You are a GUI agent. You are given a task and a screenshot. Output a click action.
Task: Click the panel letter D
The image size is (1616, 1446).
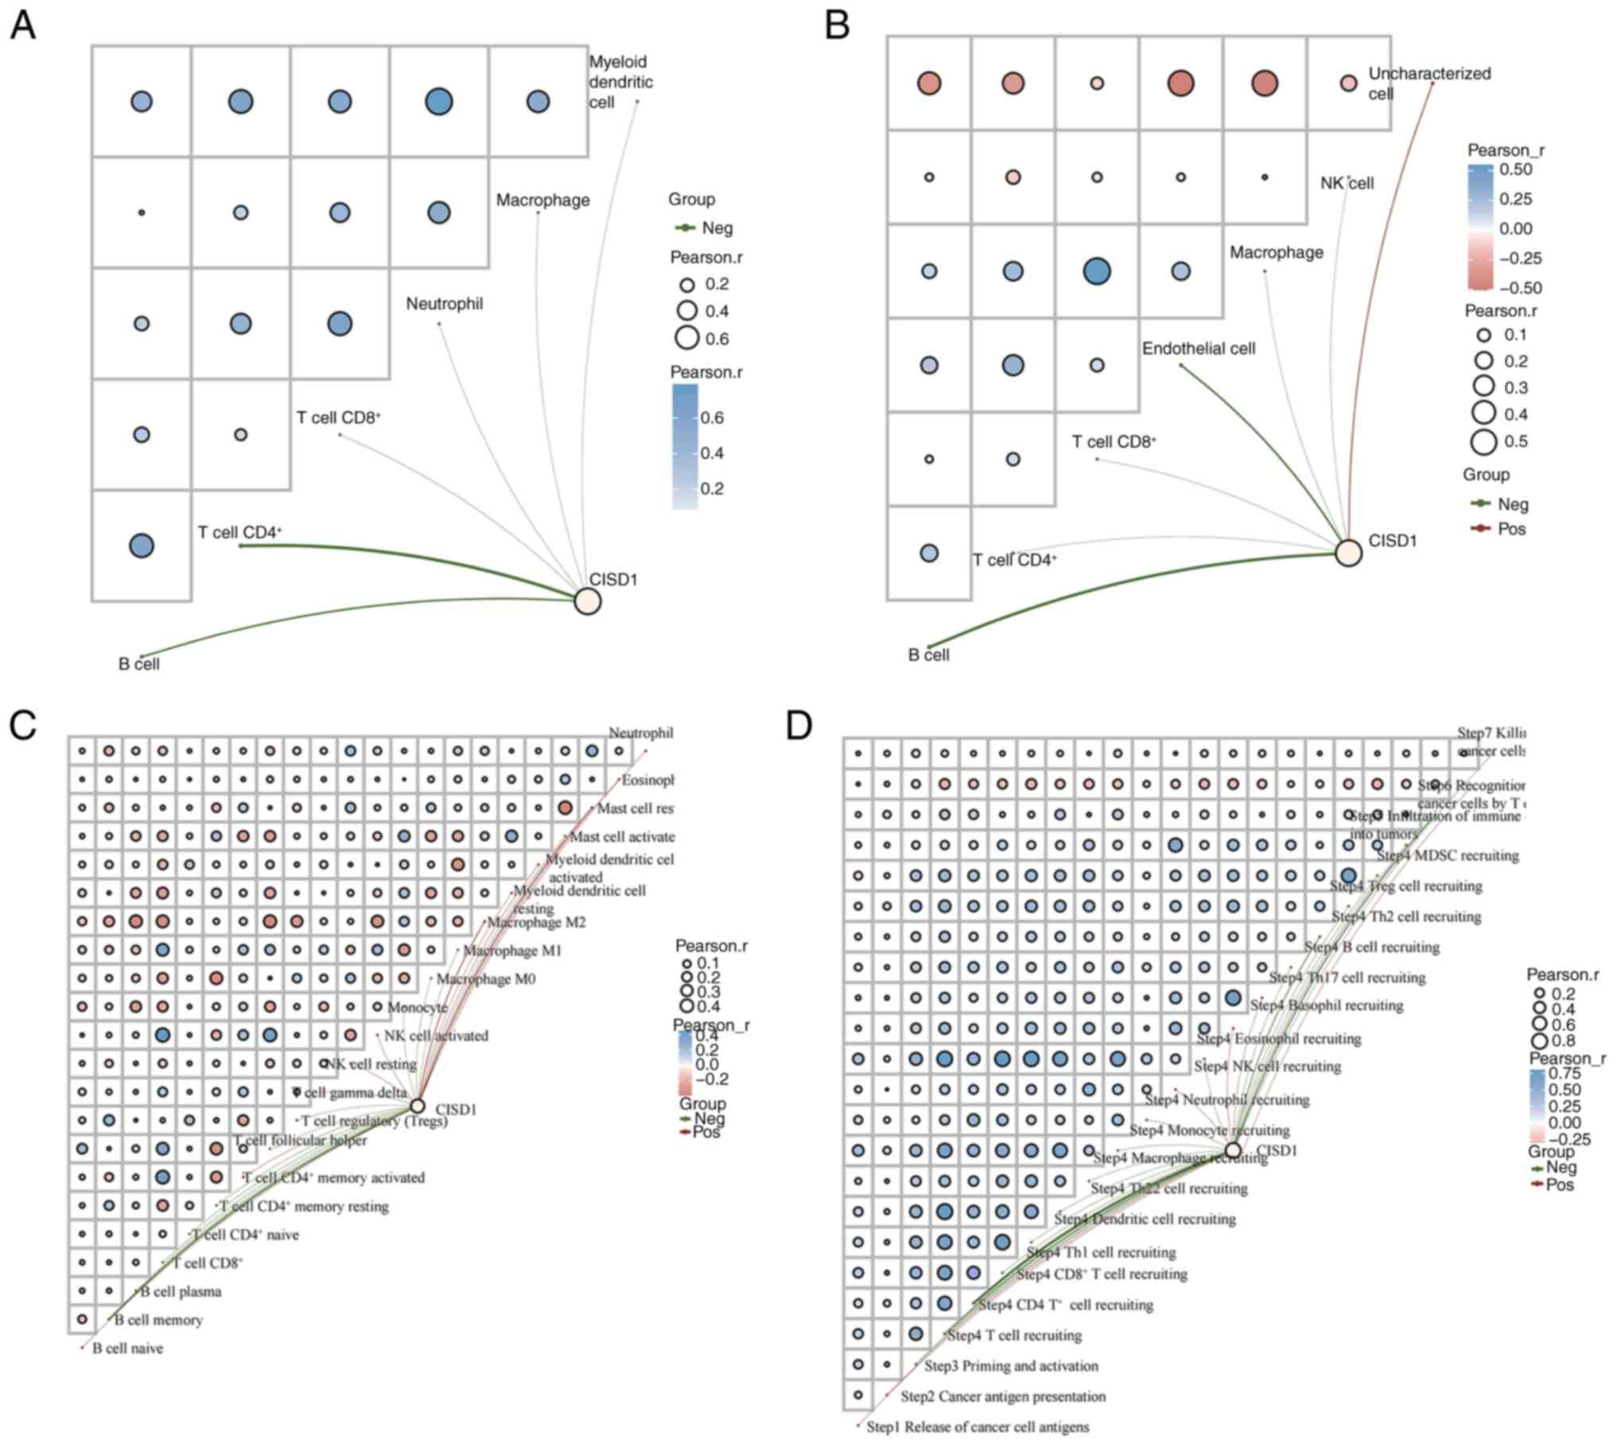pos(800,726)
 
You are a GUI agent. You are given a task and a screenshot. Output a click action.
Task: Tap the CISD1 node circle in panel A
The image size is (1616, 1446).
pos(587,601)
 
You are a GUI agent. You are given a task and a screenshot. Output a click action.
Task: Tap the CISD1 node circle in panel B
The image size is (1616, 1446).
pos(1348,552)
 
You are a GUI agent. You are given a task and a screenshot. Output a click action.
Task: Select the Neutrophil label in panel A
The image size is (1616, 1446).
pos(444,304)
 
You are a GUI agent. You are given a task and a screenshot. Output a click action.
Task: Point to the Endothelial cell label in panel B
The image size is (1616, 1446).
pos(1198,348)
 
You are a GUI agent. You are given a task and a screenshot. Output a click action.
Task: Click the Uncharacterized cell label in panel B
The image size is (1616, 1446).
pos(1429,83)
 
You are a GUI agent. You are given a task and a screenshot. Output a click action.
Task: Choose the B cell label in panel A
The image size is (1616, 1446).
pos(139,664)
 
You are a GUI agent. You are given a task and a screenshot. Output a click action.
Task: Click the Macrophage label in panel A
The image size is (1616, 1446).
pos(543,200)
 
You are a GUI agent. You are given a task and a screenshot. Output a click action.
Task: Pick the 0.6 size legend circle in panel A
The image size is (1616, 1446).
pos(687,338)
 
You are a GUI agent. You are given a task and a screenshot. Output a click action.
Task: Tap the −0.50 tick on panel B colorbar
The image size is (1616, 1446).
pos(1520,288)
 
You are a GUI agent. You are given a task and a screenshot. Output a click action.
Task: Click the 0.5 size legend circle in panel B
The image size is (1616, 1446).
pos(1483,441)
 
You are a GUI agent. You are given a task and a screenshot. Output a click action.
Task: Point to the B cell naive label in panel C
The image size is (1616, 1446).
pos(127,1348)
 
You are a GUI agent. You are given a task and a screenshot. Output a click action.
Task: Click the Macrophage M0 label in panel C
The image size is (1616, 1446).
pos(485,979)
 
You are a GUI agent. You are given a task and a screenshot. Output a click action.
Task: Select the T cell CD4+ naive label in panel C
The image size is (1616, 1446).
pos(247,1234)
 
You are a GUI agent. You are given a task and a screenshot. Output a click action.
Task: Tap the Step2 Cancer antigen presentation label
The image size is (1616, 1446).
pos(1003,1396)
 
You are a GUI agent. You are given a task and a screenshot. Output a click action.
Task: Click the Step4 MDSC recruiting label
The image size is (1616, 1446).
pos(1447,856)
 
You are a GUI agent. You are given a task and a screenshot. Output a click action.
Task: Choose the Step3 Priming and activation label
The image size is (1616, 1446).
pos(1011,1366)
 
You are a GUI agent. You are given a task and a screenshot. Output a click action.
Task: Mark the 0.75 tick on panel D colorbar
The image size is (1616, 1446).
pos(1565,1073)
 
